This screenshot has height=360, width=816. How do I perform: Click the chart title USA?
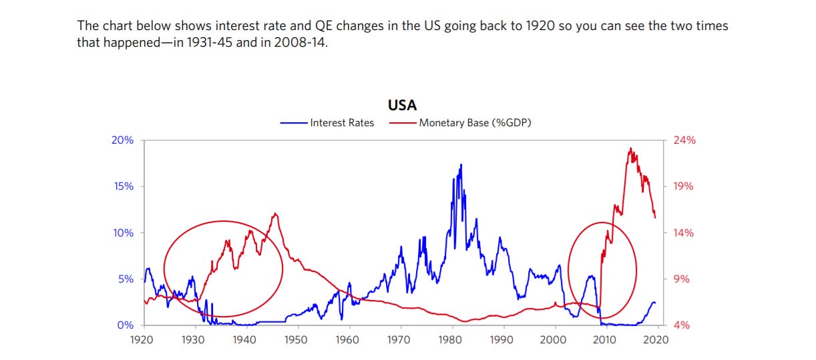click(x=402, y=106)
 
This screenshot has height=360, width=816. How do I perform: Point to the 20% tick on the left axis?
click(x=122, y=140)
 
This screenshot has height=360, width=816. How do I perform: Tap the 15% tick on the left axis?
click(x=122, y=186)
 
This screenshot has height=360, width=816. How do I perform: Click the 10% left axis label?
click(x=122, y=233)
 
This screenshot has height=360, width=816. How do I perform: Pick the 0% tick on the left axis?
click(x=125, y=325)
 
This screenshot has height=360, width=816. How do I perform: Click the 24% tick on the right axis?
click(x=684, y=140)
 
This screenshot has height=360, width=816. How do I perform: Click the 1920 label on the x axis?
click(x=143, y=339)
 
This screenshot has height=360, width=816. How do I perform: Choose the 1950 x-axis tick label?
click(x=296, y=339)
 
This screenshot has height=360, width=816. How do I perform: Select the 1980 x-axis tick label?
click(x=450, y=339)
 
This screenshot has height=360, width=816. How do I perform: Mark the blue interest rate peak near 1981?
click(x=461, y=165)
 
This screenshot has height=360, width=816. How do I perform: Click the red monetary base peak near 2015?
click(x=630, y=149)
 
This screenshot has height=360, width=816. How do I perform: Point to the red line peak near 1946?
click(x=274, y=214)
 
